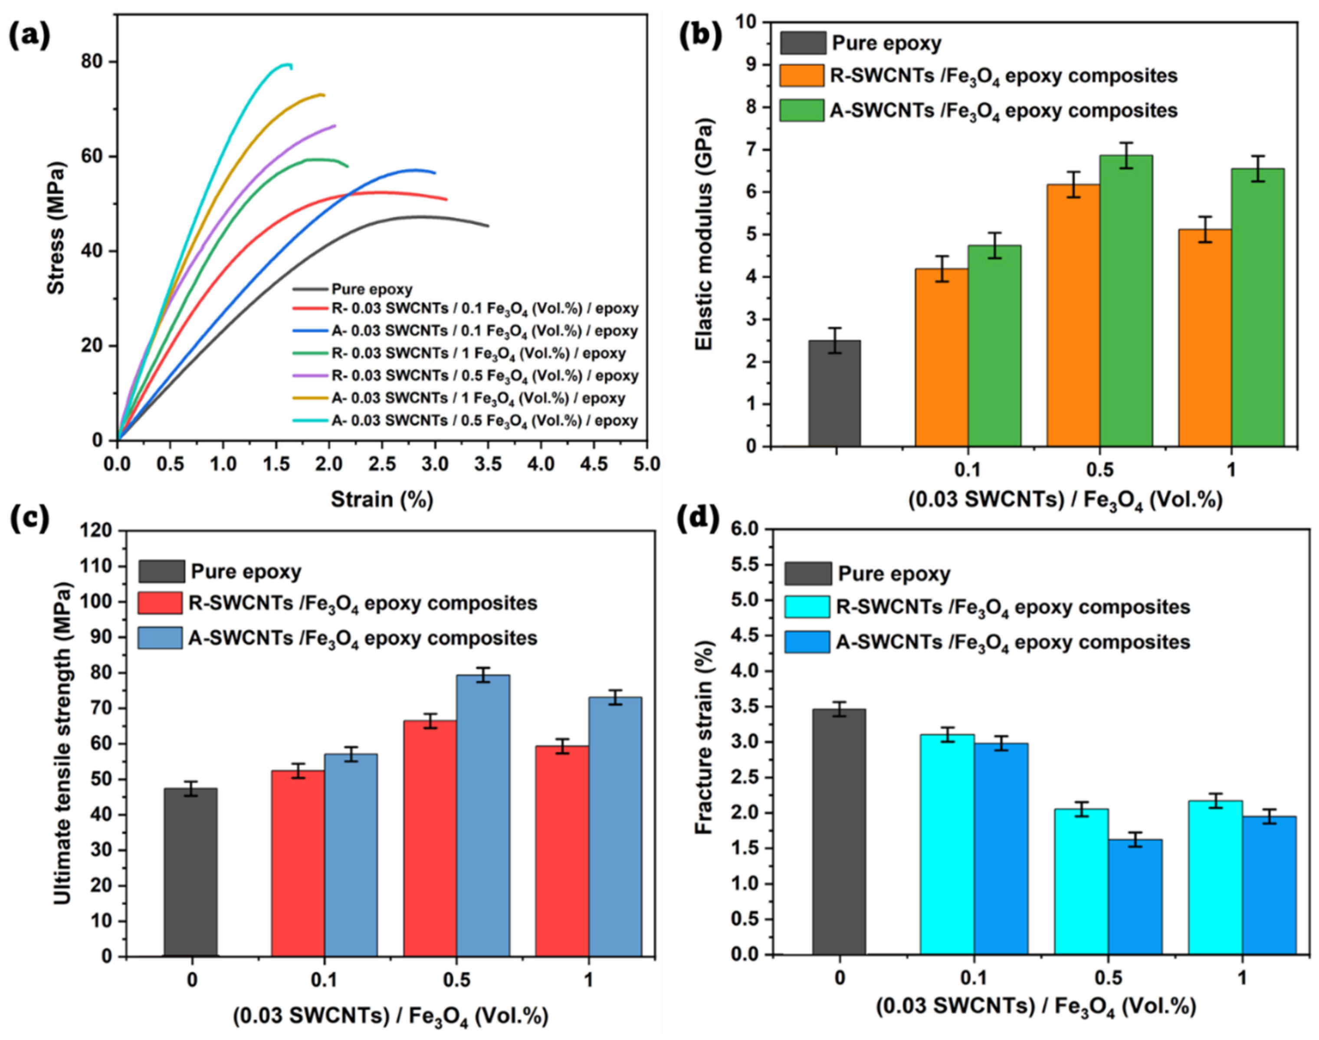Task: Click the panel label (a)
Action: (x=29, y=38)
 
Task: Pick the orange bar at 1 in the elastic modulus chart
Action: (x=1204, y=338)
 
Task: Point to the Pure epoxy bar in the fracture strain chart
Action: (x=839, y=831)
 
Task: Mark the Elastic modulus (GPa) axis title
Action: (x=704, y=235)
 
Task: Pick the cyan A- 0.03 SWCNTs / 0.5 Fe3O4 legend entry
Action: (x=484, y=421)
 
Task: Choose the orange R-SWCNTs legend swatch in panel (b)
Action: (x=802, y=76)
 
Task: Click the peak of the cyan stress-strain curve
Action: (x=285, y=64)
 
